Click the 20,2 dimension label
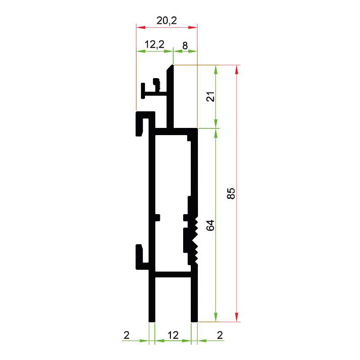pos(167,21)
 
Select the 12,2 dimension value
pos(154,44)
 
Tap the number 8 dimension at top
pos(185,46)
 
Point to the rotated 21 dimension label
pos(211,97)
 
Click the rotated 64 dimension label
pos(211,225)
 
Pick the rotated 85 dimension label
pos(231,193)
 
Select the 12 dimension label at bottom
pos(173,335)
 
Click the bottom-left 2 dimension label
pos(127,335)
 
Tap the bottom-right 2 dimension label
pos(220,335)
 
